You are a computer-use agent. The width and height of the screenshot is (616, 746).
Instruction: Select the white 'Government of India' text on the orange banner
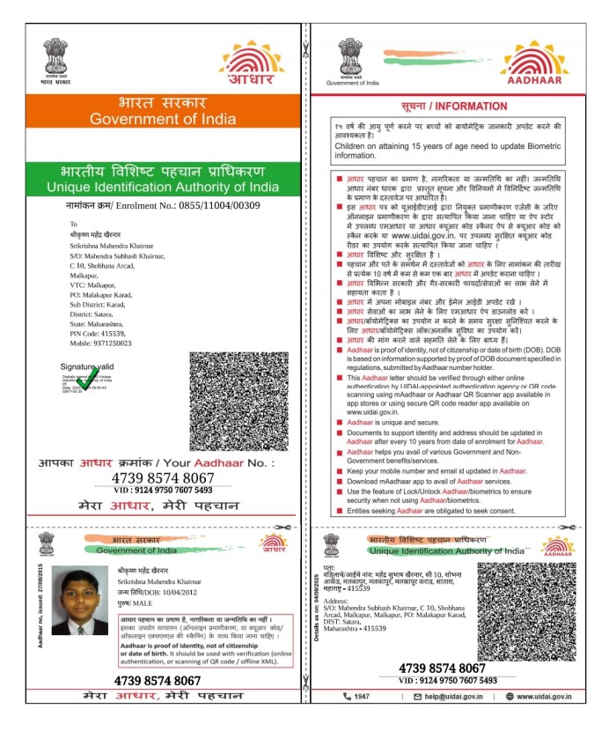(x=163, y=119)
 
